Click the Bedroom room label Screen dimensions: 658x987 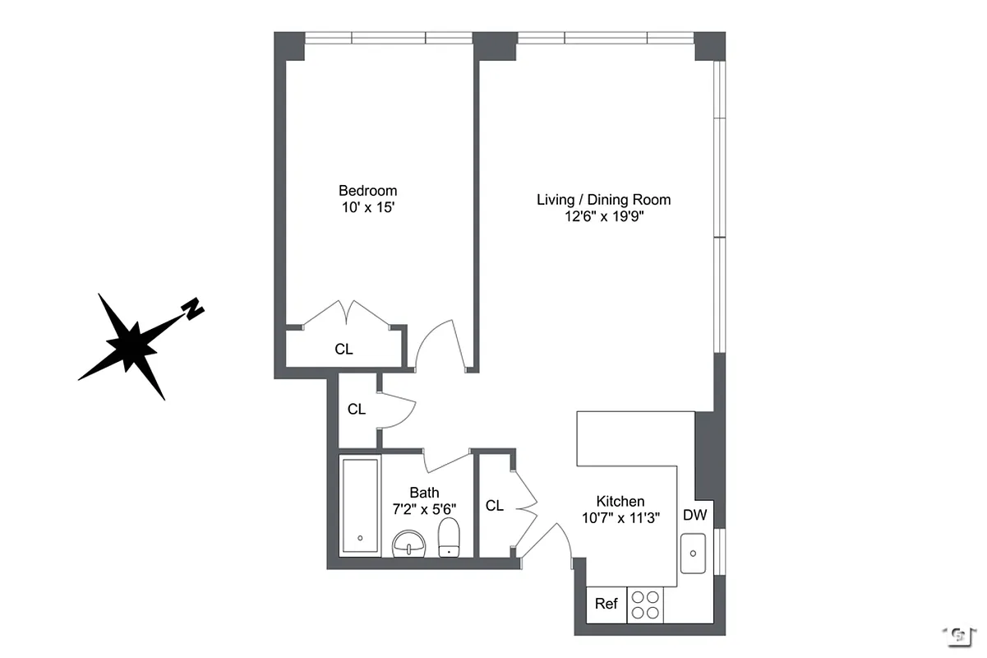click(369, 191)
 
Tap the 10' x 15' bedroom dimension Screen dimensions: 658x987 click(369, 208)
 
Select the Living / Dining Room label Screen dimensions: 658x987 click(603, 199)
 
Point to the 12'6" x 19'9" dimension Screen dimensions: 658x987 click(603, 216)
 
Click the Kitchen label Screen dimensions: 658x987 click(620, 501)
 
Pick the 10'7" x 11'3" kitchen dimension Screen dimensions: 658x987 click(620, 517)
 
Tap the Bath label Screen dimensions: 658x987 click(424, 493)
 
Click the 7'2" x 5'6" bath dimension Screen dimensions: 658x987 click(424, 509)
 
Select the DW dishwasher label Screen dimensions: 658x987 click(694, 516)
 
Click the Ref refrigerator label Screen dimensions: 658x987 click(606, 604)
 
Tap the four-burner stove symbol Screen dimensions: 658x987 click(646, 605)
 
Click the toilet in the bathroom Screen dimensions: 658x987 click(449, 539)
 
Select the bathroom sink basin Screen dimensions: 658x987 click(408, 544)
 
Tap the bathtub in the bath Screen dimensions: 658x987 click(360, 505)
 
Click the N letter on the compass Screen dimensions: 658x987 click(193, 308)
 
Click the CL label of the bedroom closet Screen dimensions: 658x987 click(344, 349)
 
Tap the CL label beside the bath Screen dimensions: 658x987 click(494, 506)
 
